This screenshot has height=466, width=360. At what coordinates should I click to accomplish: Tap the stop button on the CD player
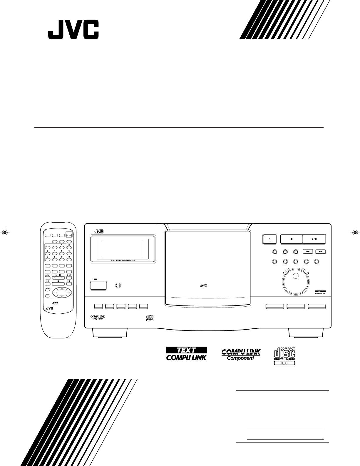[x=291, y=239]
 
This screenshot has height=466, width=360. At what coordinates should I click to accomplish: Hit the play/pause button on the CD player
[x=314, y=239]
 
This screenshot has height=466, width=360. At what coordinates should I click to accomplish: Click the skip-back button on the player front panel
[x=308, y=252]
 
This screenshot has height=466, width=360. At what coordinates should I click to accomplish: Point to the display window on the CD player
[x=122, y=249]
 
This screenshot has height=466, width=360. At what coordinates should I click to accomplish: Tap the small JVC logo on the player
[x=99, y=231]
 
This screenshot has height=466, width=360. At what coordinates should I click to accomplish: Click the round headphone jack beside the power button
[x=118, y=285]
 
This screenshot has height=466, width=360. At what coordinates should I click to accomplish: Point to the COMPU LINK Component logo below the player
[x=241, y=354]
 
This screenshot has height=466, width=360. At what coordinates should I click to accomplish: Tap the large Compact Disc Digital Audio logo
[x=284, y=355]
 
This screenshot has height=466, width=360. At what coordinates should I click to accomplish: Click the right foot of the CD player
[x=306, y=333]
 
